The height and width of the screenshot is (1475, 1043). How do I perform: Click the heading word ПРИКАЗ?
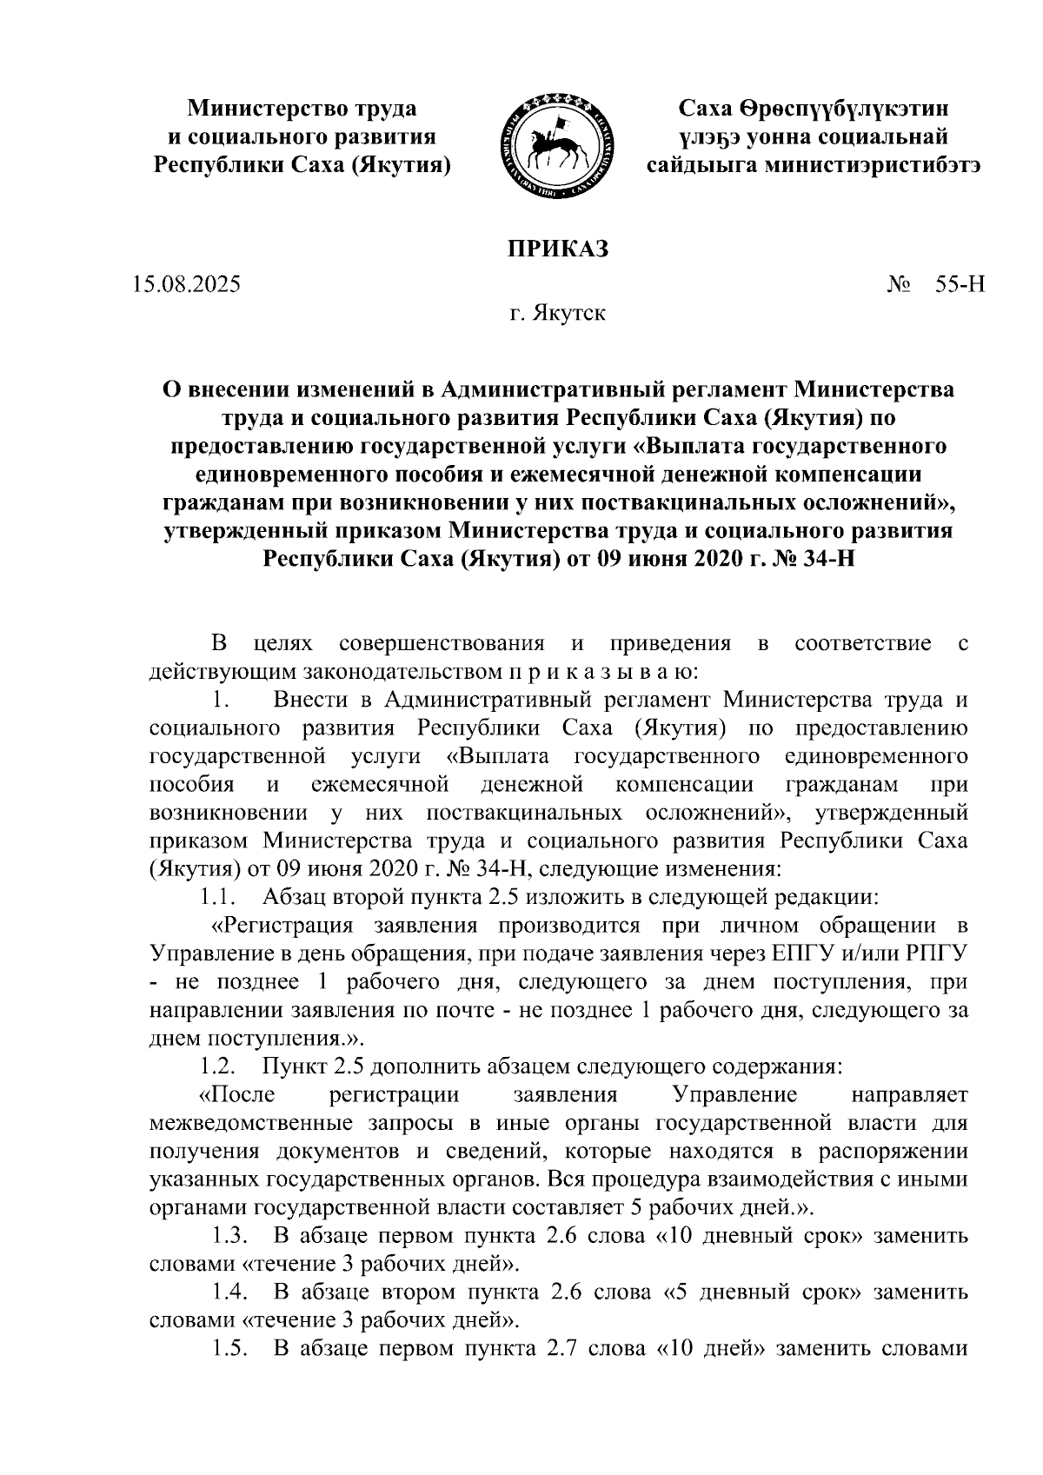(x=558, y=249)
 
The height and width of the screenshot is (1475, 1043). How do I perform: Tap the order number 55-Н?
(x=960, y=283)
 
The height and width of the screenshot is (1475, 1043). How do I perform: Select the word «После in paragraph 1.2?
(x=237, y=1093)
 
